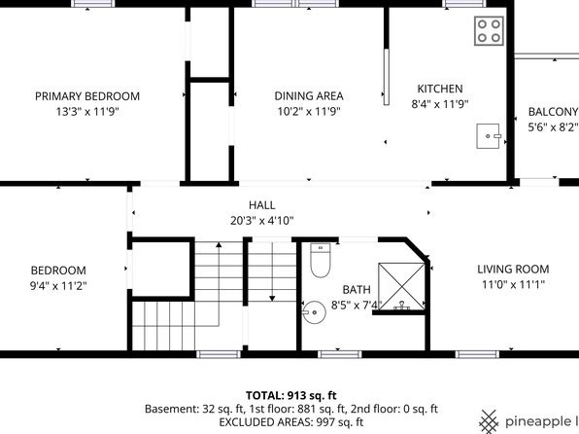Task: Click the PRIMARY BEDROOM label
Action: tap(87, 96)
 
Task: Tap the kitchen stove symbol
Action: tap(489, 31)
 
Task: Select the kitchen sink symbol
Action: tap(488, 136)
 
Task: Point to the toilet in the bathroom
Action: tap(321, 261)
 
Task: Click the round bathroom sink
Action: tap(314, 312)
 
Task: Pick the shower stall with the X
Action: tap(401, 286)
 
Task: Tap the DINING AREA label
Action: tap(309, 96)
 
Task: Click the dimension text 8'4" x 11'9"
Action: tap(440, 104)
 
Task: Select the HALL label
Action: tap(261, 205)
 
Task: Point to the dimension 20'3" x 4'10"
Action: tap(261, 221)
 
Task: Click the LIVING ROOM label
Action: tap(513, 269)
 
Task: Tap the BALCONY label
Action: tap(553, 112)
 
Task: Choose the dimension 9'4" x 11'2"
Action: tap(58, 286)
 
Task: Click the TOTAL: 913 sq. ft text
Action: tap(291, 395)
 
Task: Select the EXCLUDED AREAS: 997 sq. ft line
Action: tap(291, 421)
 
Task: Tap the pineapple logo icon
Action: tap(489, 421)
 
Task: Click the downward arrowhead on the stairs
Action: tap(272, 298)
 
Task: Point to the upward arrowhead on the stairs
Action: tap(219, 244)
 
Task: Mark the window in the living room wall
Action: tap(477, 354)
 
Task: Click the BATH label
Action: tap(357, 289)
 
